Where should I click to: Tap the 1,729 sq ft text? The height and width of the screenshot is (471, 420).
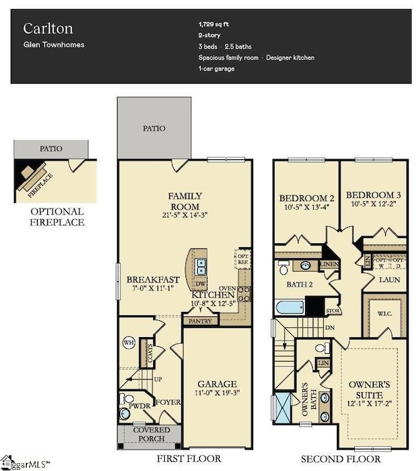pos(214,24)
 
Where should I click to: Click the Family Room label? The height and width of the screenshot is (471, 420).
pos(185,201)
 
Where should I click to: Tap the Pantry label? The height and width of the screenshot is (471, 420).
pos(198,320)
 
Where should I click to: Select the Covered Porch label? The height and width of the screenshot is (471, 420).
pos(151,434)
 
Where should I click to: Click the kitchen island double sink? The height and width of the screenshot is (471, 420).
pos(201,265)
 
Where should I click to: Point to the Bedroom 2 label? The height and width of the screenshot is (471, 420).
pos(306,197)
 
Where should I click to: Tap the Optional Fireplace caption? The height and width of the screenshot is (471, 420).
pos(57,217)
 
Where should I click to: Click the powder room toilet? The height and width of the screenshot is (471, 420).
pos(125,412)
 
